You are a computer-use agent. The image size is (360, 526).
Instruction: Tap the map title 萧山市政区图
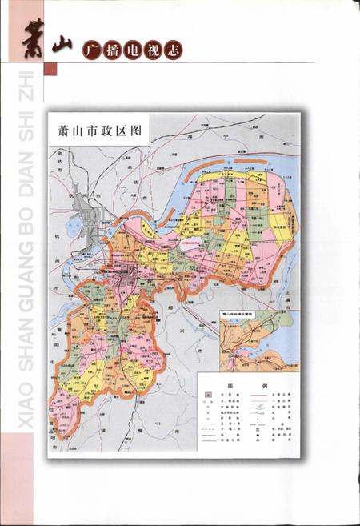point(94,130)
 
